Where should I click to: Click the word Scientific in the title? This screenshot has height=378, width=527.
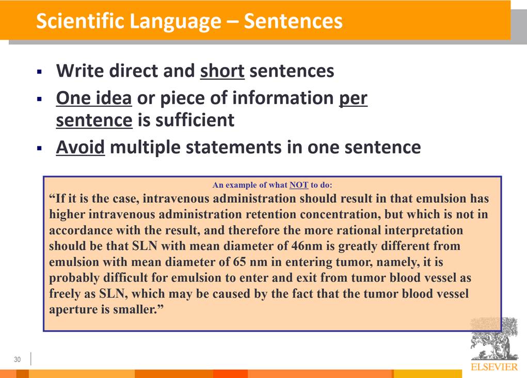80,21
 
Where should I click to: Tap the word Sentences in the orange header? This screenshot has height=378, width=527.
293,21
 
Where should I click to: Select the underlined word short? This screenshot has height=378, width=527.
222,71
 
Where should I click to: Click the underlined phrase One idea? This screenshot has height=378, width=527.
94,98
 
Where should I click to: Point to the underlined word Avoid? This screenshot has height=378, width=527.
81,147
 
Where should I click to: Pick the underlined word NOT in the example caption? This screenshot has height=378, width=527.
299,185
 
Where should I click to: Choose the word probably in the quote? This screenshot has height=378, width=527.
74,278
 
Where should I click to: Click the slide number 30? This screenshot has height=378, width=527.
17,359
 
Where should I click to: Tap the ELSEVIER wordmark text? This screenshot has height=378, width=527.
494,367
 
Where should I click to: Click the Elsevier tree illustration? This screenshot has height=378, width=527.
494,339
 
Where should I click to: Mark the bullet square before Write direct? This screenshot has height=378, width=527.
40,72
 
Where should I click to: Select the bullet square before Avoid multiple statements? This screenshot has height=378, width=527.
40,147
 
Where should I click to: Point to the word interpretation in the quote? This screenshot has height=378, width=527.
424,231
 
